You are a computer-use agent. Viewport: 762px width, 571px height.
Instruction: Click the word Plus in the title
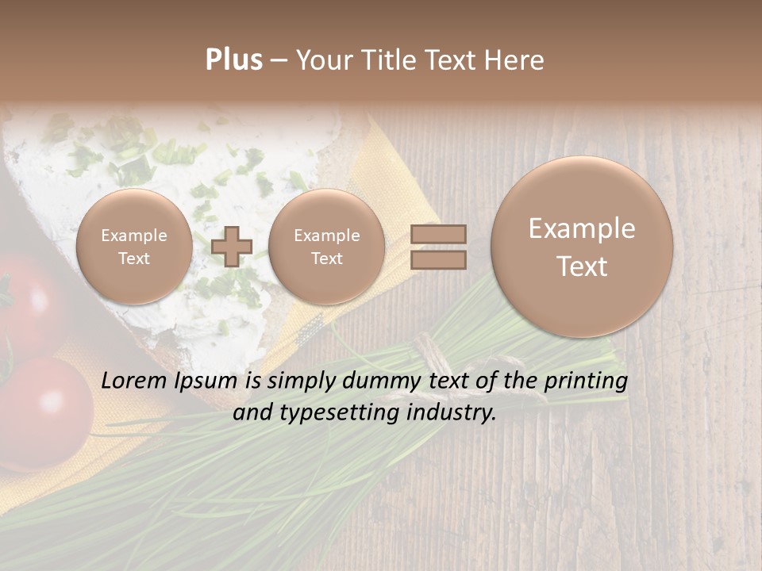point(233,60)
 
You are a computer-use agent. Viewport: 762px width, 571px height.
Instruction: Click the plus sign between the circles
point(232,246)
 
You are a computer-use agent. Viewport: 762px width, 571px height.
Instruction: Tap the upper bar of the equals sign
point(438,234)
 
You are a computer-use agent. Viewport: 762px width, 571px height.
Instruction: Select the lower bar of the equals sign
point(438,259)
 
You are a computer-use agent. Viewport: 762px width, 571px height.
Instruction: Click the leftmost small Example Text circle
point(134,247)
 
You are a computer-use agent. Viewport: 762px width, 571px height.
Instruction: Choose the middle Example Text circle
point(327,247)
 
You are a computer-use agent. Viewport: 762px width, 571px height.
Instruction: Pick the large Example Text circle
point(582,247)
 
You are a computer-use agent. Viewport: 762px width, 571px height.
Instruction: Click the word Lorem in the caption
point(131,381)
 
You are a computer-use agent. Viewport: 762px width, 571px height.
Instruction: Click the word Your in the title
point(322,60)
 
